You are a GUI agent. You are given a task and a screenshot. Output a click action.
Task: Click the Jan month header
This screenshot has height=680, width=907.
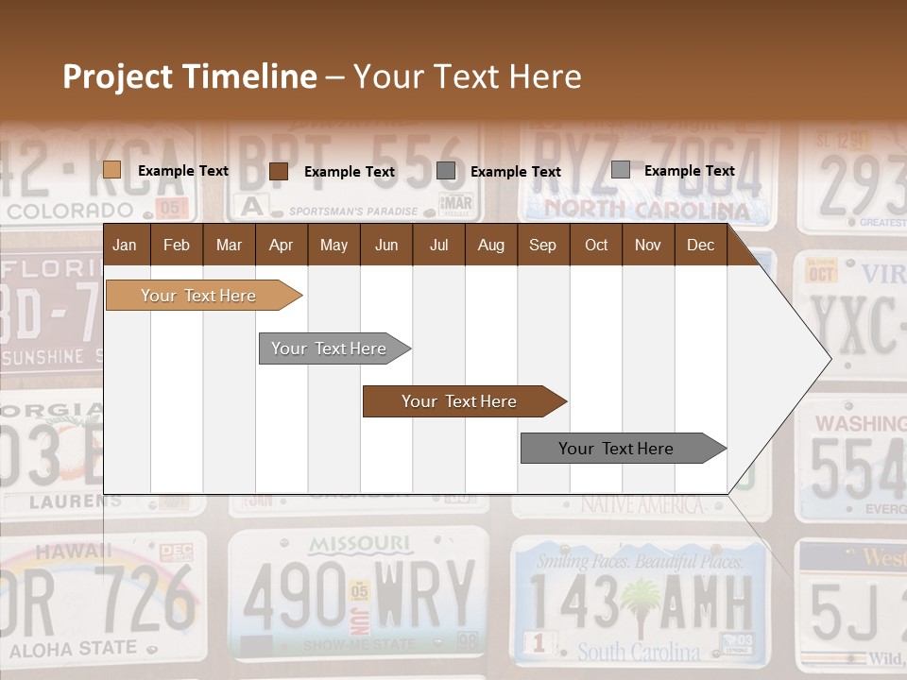[125, 246]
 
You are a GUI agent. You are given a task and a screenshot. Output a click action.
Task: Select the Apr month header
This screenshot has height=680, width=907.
[281, 246]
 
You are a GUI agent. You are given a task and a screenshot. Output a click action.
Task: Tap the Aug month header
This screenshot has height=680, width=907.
[490, 246]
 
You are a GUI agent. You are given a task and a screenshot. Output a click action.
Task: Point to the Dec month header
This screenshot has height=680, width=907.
[700, 246]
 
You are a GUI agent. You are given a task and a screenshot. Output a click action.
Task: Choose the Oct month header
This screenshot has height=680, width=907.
[596, 246]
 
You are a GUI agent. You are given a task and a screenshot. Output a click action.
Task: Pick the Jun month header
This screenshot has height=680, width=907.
[386, 246]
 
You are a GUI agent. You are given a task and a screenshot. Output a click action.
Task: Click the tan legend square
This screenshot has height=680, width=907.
[111, 170]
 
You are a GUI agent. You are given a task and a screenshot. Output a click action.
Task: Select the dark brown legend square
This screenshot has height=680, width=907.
[278, 171]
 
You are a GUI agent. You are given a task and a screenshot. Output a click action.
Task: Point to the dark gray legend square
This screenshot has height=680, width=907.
[445, 171]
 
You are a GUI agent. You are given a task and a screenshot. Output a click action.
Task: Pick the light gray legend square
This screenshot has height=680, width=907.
[620, 170]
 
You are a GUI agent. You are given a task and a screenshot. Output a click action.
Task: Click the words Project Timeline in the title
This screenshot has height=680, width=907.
[190, 76]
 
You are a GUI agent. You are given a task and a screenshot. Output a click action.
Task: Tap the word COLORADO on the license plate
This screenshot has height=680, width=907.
[70, 210]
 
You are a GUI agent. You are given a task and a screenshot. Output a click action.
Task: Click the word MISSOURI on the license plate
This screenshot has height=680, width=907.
[360, 544]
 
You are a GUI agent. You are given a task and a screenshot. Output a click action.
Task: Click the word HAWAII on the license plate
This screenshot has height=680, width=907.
[61, 551]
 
